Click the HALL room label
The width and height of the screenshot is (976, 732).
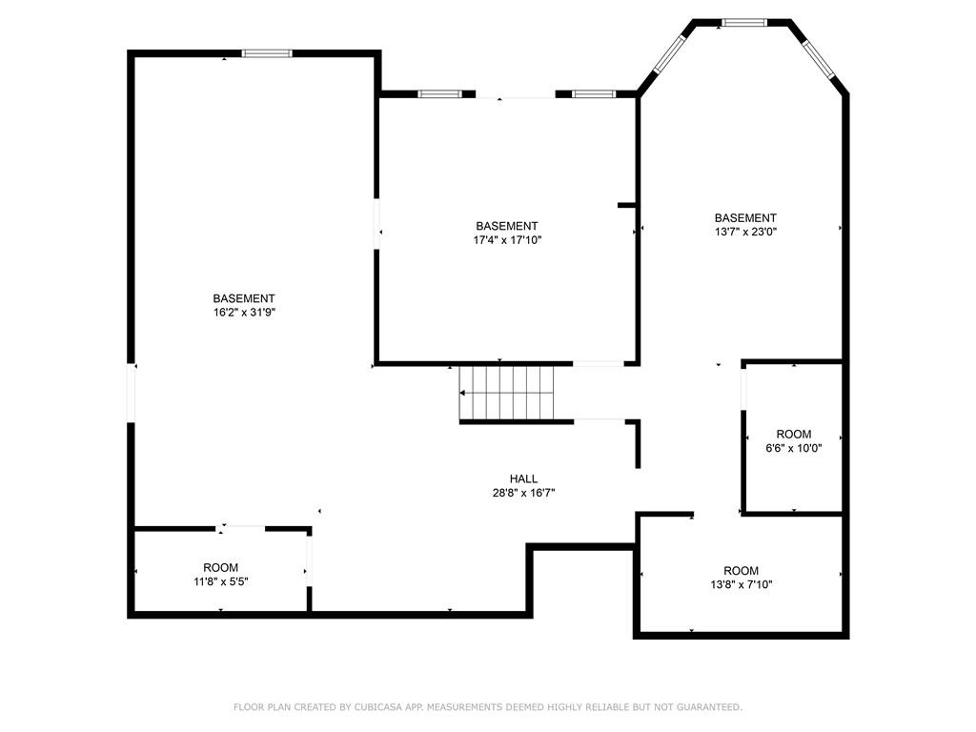coord(523,479)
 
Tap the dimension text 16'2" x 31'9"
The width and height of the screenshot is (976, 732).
coord(244,312)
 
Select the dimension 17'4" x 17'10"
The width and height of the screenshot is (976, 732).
coord(507,239)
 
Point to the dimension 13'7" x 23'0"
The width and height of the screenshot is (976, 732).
coord(745,231)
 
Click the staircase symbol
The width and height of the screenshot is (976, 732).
coord(506,393)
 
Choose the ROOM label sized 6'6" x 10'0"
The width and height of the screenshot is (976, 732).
coord(793,434)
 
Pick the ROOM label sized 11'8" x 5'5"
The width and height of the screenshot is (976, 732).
coord(221,567)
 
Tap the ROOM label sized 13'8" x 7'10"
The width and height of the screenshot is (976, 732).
coord(741,570)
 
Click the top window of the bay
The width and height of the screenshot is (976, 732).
coord(742,22)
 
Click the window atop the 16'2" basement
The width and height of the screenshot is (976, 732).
coord(266,53)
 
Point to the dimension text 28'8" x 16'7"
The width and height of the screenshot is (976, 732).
coord(523,493)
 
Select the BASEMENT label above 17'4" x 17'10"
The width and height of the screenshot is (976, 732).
coord(507,226)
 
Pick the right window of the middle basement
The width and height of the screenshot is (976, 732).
coord(595,93)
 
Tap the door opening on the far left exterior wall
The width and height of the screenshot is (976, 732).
coord(132,393)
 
